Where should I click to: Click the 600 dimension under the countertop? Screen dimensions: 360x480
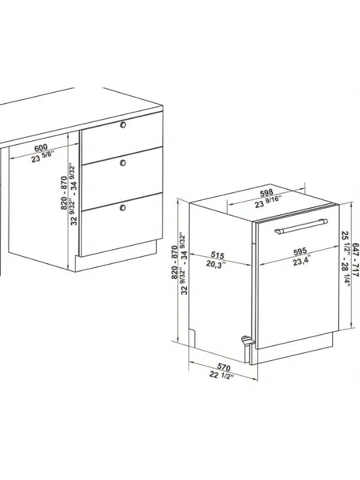coord(40,148)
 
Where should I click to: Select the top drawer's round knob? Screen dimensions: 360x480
coord(123,125)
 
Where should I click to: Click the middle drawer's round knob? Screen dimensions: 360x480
coord(123,163)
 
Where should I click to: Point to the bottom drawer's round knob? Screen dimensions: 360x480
coord(123,208)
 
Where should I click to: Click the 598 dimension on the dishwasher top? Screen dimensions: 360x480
coord(266,193)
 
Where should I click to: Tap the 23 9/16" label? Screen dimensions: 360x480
coord(268,202)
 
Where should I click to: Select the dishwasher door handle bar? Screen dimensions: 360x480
coord(301,227)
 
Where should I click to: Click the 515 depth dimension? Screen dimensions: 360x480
coord(217,254)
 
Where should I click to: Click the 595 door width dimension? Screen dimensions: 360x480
coord(299,251)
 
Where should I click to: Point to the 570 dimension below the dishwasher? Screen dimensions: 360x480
coord(224,367)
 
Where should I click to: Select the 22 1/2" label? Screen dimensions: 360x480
coord(221,374)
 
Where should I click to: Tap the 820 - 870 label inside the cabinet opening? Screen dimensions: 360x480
coord(64,193)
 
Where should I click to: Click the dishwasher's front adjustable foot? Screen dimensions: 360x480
coord(246,341)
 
